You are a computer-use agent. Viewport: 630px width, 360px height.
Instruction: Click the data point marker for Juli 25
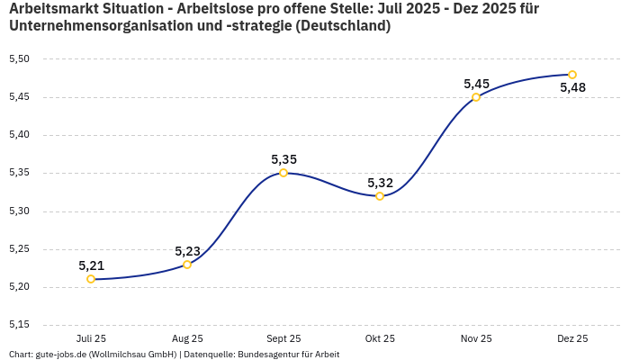(91, 279)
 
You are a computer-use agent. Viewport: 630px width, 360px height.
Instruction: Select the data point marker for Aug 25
(187, 265)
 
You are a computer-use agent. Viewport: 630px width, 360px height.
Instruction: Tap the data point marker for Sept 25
(283, 173)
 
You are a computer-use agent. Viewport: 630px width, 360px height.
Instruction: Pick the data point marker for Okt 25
(380, 196)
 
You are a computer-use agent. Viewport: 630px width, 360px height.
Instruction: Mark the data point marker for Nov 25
(476, 97)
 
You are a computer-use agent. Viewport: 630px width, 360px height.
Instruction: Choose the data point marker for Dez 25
(572, 75)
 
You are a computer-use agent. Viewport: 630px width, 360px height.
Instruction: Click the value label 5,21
(91, 265)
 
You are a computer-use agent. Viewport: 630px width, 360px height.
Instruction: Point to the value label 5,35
(283, 159)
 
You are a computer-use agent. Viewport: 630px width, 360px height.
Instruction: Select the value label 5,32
(380, 183)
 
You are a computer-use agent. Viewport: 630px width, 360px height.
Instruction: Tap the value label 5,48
(572, 88)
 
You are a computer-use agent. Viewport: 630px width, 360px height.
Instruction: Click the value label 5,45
(476, 84)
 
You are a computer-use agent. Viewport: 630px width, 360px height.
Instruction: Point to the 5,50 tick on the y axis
(19, 59)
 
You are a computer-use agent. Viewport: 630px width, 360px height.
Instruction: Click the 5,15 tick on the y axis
(19, 325)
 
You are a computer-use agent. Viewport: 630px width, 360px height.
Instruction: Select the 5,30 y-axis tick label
(19, 211)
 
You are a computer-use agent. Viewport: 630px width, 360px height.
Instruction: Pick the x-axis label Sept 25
(283, 339)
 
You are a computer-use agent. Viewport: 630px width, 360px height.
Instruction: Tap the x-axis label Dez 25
(572, 339)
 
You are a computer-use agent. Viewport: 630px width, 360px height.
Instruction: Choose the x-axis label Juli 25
(91, 339)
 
